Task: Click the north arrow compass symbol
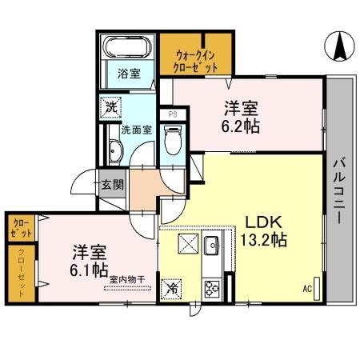point(339,45)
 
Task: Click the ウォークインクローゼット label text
point(196,62)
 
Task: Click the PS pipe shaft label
point(172,114)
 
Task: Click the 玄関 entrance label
point(112,185)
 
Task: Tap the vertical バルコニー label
point(338,188)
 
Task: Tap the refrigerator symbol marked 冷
point(171,287)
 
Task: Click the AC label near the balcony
point(306,289)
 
